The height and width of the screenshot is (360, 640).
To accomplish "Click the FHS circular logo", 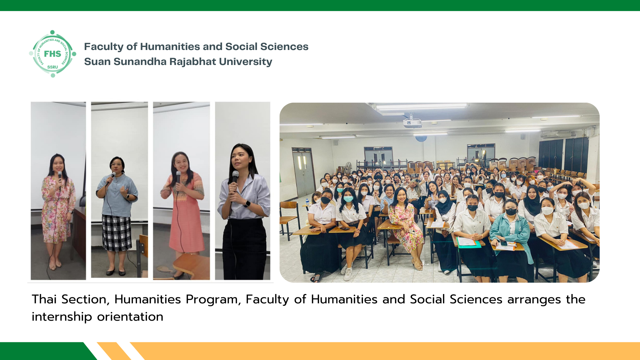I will (53, 54).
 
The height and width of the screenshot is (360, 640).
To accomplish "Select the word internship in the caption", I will (62, 317).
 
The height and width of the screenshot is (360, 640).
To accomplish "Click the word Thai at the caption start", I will (44, 299).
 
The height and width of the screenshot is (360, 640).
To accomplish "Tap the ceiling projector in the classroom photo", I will (412, 123).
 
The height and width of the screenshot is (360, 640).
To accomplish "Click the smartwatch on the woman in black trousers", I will (247, 203).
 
